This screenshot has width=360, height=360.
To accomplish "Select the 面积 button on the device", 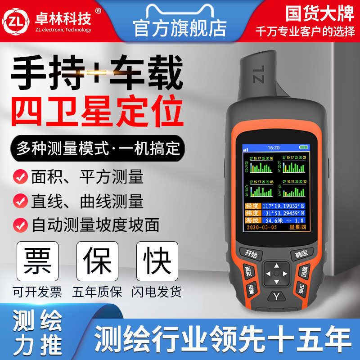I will pos(248,272).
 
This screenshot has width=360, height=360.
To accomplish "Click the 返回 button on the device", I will pos(305,271).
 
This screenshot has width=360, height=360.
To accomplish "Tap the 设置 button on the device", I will pos(251,289).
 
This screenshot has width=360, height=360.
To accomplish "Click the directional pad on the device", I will pos(276,273).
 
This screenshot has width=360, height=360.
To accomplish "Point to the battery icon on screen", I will pos(305,147).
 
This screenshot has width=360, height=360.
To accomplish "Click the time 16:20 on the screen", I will pos(274,147).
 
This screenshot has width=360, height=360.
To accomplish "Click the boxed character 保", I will pos(97,261).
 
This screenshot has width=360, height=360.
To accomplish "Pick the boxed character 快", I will pos(157,261).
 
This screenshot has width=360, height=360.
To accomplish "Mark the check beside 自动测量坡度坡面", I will pos(20,224).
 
